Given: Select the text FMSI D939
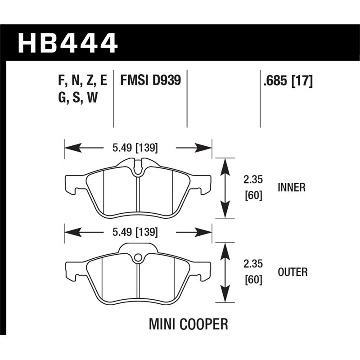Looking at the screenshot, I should pyautogui.click(x=150, y=81).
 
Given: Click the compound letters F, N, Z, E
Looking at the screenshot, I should pyautogui.click(x=82, y=81).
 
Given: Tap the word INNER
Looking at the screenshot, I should pyautogui.click(x=292, y=188).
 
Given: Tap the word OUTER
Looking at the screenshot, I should pyautogui.click(x=292, y=272).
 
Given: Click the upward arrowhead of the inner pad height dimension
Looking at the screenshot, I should pyautogui.click(x=225, y=165).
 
